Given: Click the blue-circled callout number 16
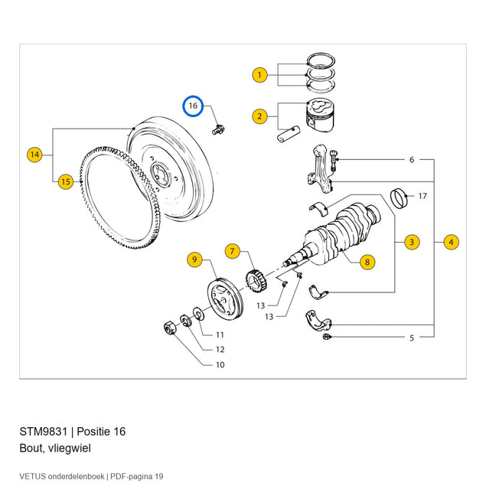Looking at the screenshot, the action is click(x=193, y=106).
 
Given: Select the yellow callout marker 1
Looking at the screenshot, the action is click(x=259, y=75).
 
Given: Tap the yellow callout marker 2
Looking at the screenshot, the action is click(x=259, y=116).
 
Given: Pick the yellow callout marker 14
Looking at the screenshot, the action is click(x=34, y=155).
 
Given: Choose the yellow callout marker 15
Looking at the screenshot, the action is click(x=66, y=181).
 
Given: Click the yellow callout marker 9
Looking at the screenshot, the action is click(x=194, y=259).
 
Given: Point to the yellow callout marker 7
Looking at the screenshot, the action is click(x=233, y=251).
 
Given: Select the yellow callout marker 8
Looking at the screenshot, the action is click(x=367, y=263).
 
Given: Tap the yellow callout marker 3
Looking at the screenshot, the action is click(x=412, y=242).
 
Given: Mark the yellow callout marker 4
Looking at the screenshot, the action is click(x=451, y=242).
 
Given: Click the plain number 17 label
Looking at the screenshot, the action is click(x=422, y=196).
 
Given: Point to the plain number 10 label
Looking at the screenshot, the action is click(x=220, y=365).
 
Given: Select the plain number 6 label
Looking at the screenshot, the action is click(x=412, y=160).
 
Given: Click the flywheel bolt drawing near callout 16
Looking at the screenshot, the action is click(x=219, y=130).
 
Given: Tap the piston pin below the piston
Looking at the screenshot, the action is click(x=289, y=134).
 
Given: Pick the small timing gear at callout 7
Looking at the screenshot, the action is click(x=256, y=281).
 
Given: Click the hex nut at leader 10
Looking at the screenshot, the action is click(x=170, y=328).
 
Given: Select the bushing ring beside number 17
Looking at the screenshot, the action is click(x=399, y=198).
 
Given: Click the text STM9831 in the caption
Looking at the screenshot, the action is click(x=43, y=432).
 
